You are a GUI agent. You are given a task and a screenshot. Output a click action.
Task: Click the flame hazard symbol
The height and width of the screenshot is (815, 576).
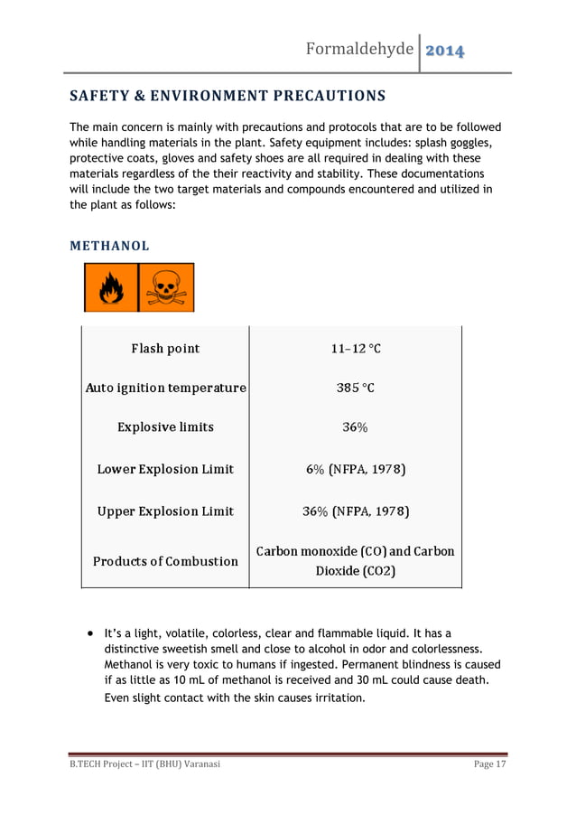(110, 287)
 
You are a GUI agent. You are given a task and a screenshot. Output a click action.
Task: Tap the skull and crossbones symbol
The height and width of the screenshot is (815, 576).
(166, 287)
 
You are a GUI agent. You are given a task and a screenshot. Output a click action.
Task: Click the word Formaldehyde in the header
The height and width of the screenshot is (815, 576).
(360, 48)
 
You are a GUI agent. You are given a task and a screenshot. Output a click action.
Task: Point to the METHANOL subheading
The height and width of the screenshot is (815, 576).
(110, 246)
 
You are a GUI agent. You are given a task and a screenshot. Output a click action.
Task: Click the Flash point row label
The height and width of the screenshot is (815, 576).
(165, 349)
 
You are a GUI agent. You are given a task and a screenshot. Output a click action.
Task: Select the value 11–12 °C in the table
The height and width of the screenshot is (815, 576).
(356, 349)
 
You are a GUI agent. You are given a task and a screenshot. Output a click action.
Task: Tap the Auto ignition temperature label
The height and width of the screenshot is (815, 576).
(165, 389)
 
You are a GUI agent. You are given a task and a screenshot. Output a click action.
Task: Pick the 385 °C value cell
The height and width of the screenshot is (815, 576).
(356, 389)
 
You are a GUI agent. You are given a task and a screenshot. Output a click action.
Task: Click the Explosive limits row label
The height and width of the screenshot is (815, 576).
(165, 427)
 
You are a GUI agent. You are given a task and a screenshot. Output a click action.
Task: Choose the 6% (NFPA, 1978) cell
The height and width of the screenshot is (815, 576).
(356, 470)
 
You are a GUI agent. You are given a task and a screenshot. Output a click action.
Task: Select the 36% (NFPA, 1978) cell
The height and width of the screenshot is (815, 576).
(356, 512)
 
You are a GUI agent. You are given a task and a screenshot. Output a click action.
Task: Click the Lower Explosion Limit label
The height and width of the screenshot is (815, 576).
(165, 470)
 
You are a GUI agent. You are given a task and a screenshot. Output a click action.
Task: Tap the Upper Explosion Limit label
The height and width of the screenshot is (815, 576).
(165, 512)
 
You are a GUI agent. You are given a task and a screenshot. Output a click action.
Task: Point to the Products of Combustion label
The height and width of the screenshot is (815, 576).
(165, 561)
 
